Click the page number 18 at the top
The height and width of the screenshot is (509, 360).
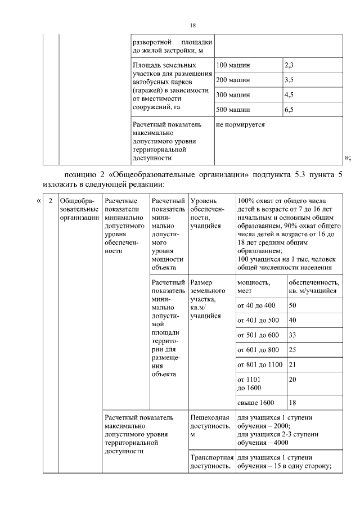point(192,26)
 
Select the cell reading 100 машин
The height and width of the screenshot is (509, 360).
point(233,65)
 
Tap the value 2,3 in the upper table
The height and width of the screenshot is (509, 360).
point(289,65)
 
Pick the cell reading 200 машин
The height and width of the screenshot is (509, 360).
point(233,80)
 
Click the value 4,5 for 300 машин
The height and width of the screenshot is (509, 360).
point(289,94)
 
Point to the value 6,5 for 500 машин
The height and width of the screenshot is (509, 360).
point(289,110)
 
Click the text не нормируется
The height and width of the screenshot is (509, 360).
point(240,124)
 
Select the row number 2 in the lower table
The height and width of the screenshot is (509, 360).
point(51,201)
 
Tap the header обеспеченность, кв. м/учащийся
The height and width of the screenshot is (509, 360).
point(313,286)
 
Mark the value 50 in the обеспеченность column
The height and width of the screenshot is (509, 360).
point(292,305)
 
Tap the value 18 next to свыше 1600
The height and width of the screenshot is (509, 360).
point(292,403)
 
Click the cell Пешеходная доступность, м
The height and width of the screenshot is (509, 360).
point(211,426)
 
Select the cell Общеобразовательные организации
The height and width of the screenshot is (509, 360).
point(79,209)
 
